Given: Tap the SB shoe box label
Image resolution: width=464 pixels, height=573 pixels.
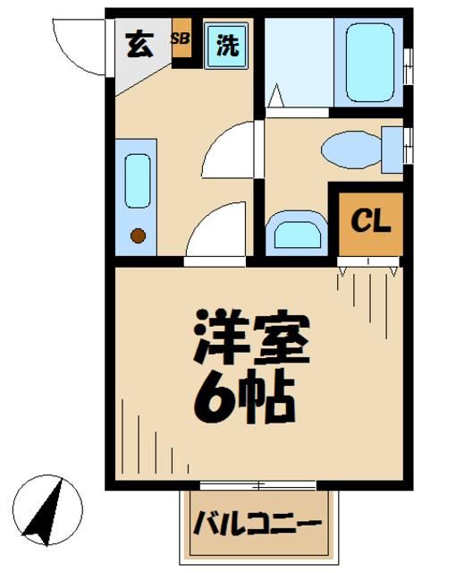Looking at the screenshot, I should [x=181, y=39].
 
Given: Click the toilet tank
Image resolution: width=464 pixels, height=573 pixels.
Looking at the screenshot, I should [x=392, y=149].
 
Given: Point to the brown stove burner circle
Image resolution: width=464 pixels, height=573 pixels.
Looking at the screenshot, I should [x=138, y=236].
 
